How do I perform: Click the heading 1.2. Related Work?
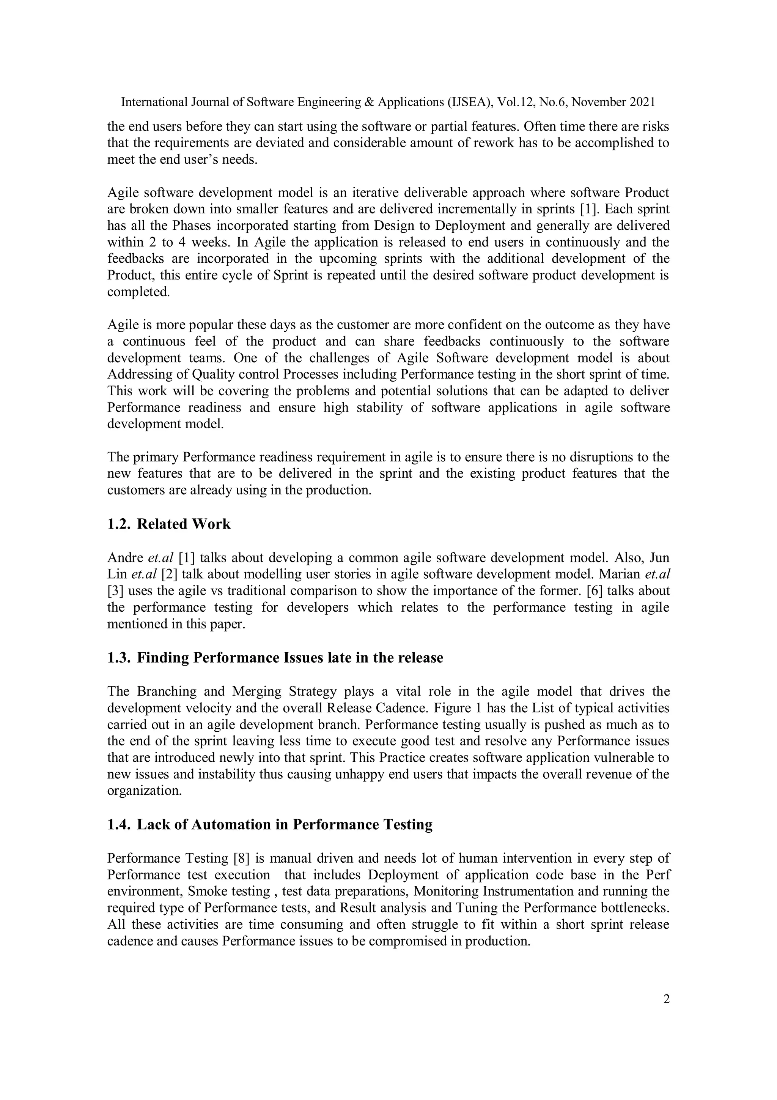click(168, 524)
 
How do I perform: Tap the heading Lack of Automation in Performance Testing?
click(285, 824)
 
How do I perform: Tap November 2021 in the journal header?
click(613, 102)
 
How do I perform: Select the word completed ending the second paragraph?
click(138, 292)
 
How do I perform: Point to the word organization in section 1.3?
click(144, 791)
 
